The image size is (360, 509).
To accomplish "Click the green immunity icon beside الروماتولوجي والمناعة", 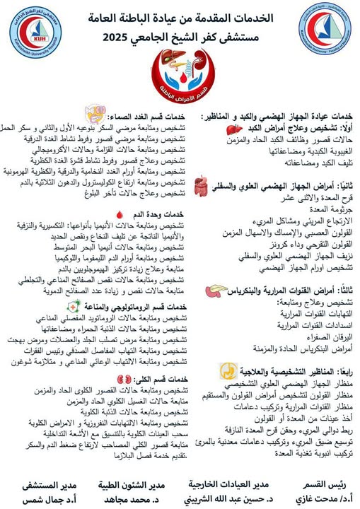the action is coord(71,306).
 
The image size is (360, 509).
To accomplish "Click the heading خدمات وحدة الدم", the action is coord(154,214).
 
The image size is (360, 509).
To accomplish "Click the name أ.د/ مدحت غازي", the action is coord(316,497).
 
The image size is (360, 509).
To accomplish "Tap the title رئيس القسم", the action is coord(316,484).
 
